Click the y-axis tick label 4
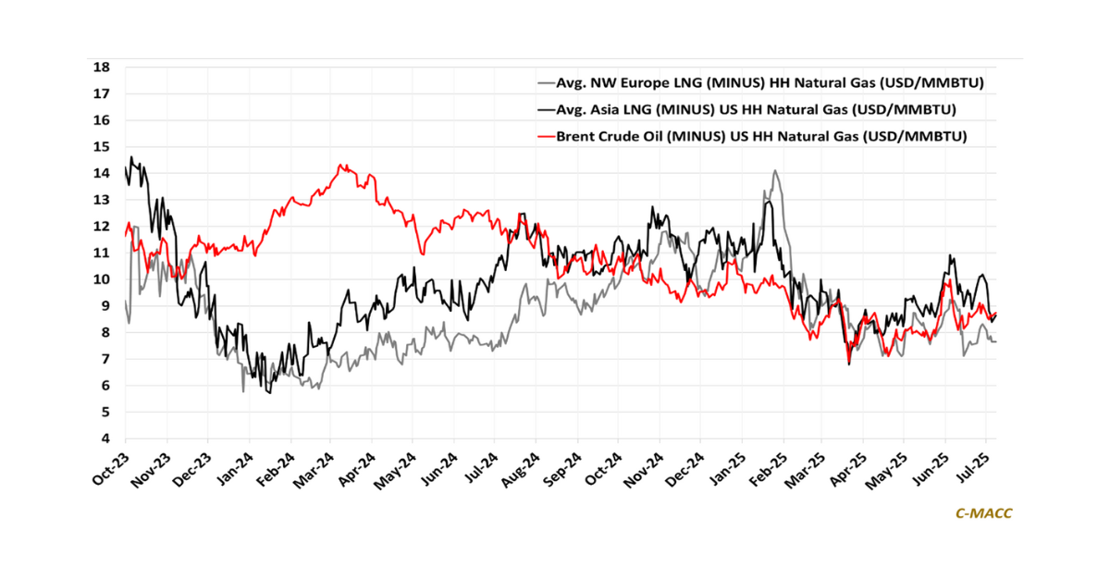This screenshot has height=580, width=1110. click(106, 438)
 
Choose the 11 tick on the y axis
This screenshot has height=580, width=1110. click(103, 253)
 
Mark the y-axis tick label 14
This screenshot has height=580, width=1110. click(103, 173)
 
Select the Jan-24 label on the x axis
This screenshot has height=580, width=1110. click(231, 468)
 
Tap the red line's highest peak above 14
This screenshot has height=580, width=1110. click(341, 166)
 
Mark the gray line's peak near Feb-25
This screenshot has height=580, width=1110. click(774, 171)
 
